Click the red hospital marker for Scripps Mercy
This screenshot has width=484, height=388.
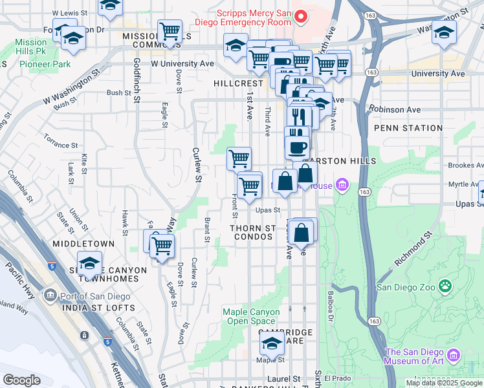pos(299,16)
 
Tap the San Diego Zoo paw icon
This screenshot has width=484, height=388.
pos(445,286)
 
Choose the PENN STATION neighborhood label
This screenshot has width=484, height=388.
pos(407,128)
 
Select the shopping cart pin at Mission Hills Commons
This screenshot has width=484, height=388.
pos(170,31)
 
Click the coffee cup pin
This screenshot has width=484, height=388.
pos(297,146)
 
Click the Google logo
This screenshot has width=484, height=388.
pos(22,380)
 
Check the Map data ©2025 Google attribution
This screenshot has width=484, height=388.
pos(444,383)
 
